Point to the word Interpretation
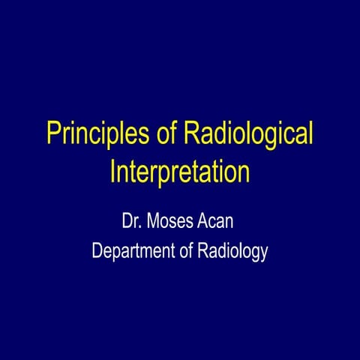click(180, 171)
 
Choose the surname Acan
click(223, 222)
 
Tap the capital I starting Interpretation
click(113, 170)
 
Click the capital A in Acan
click(208, 222)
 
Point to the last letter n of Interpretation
click(243, 172)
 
